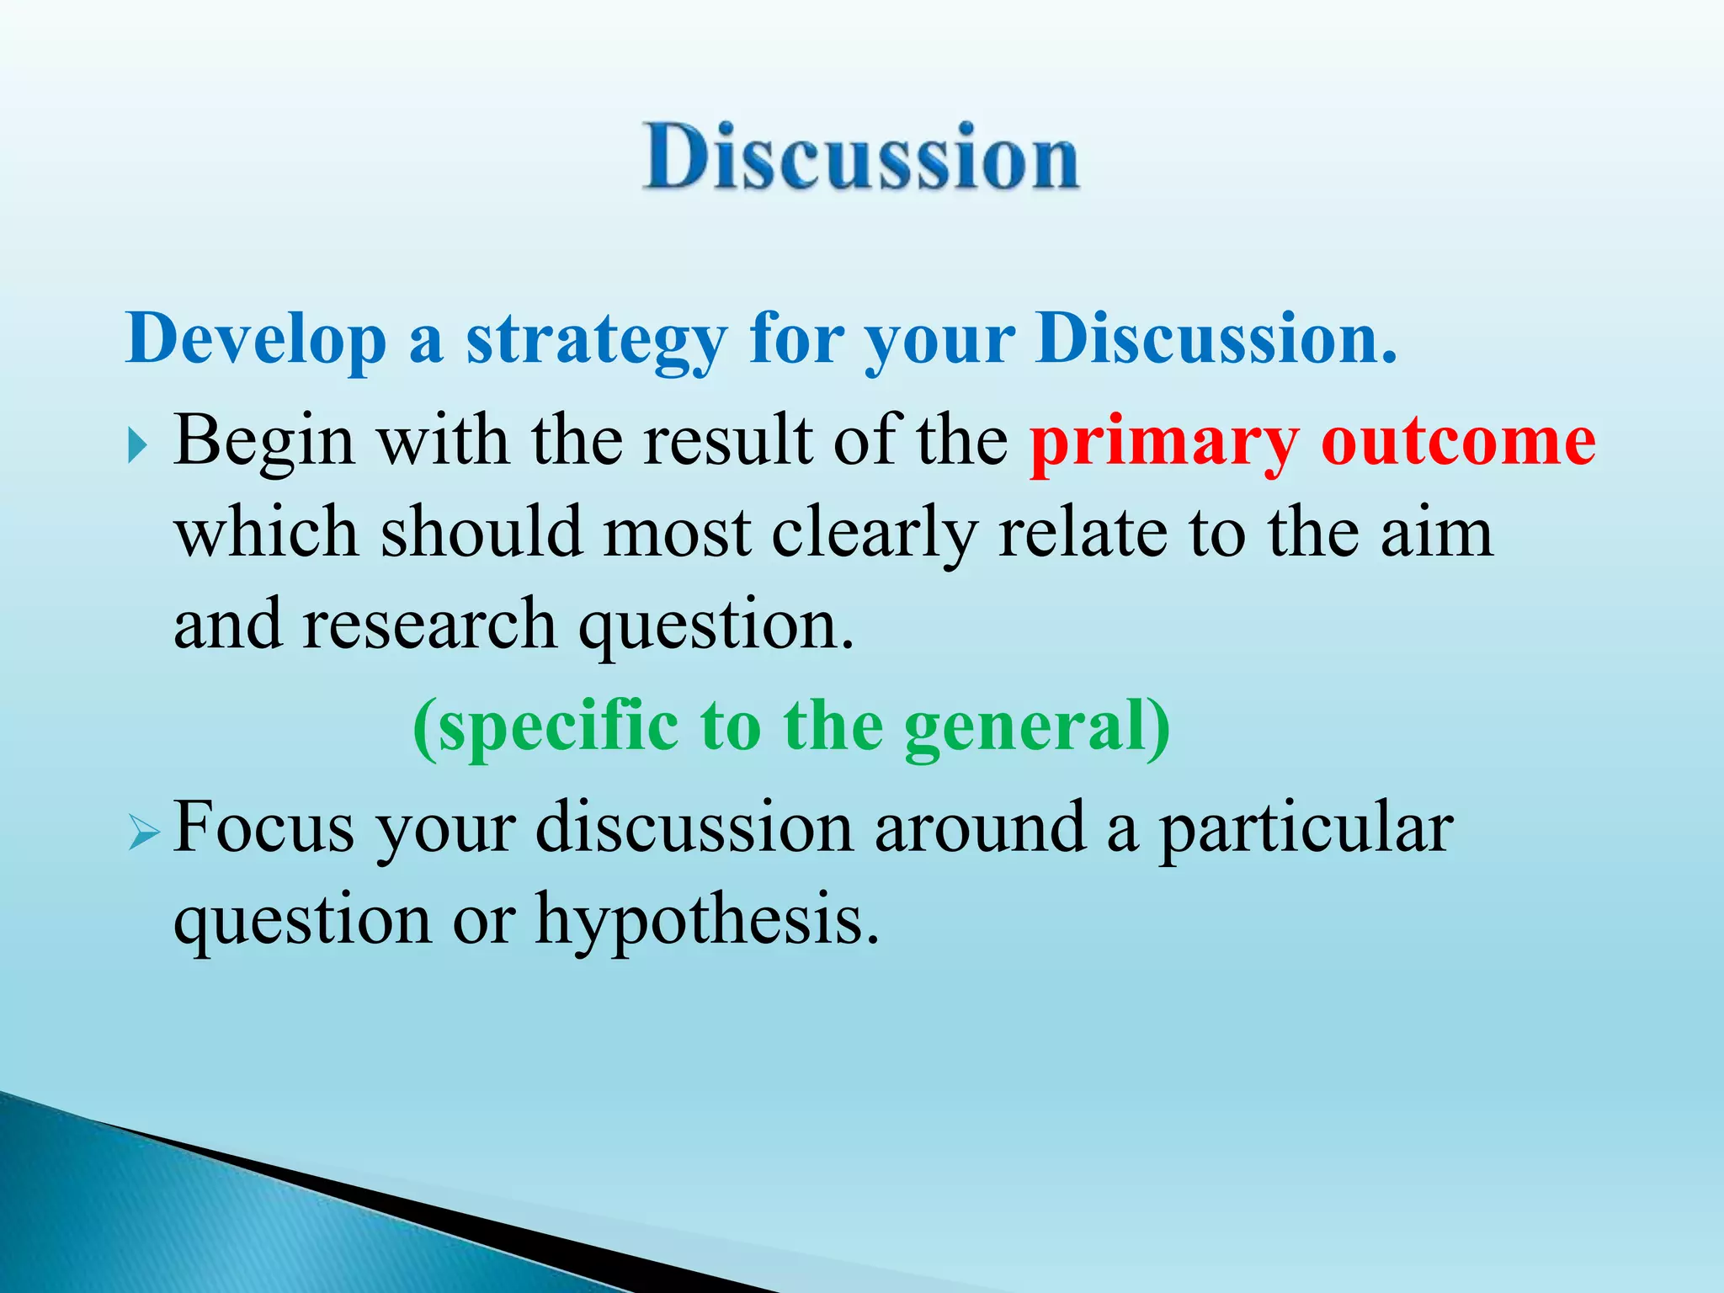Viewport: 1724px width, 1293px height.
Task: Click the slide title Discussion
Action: point(860,157)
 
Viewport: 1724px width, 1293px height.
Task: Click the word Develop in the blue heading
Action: point(256,339)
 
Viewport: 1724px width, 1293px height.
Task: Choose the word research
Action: point(429,625)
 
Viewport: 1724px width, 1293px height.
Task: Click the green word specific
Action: point(556,726)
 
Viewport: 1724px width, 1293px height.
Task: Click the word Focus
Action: point(263,827)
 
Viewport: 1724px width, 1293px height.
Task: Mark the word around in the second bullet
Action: point(980,827)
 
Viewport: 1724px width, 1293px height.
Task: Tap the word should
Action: point(482,533)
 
